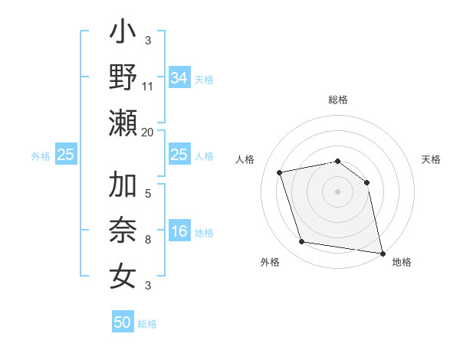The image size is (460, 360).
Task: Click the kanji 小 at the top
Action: tap(123, 34)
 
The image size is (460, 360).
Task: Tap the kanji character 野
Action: tap(123, 79)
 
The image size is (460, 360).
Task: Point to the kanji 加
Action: tap(123, 187)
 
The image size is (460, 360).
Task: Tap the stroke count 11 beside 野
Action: tap(148, 87)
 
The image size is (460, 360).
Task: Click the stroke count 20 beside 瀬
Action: tap(148, 133)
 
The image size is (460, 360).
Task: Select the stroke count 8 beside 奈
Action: tap(148, 241)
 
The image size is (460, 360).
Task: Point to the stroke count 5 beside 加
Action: tap(148, 195)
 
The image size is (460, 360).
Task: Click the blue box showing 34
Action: tap(179, 78)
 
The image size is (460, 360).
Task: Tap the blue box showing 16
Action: tap(179, 232)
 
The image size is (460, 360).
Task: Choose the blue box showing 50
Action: tap(123, 322)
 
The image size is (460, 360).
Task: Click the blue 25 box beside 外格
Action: tap(66, 155)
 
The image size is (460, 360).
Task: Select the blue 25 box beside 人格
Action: tap(179, 155)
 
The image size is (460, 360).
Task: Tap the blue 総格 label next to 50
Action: tap(147, 324)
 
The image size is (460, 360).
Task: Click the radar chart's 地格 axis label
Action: tap(402, 263)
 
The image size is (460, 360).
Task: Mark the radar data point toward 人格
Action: tap(280, 172)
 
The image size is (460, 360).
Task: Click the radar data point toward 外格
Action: tap(302, 242)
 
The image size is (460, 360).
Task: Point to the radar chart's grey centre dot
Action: tap(337, 191)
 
